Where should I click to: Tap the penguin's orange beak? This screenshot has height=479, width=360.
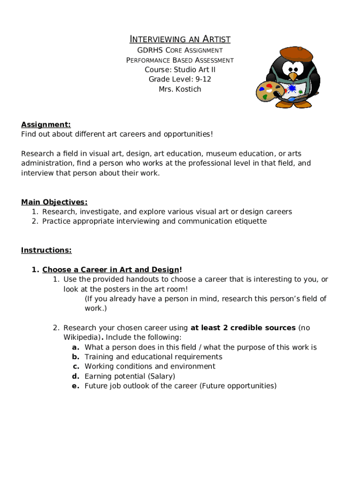293,76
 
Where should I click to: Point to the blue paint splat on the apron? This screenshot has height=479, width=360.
293,88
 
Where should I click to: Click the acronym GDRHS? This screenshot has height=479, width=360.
148,50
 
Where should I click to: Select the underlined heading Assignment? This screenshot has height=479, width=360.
46,124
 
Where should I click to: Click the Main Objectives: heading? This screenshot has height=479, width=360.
54,202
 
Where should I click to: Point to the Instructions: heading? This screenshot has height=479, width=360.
46,250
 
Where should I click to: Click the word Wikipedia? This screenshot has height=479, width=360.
80,337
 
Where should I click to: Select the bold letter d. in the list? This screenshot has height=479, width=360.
75,376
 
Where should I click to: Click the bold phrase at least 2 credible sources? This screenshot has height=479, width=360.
243,328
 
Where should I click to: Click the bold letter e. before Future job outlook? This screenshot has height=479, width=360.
75,386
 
